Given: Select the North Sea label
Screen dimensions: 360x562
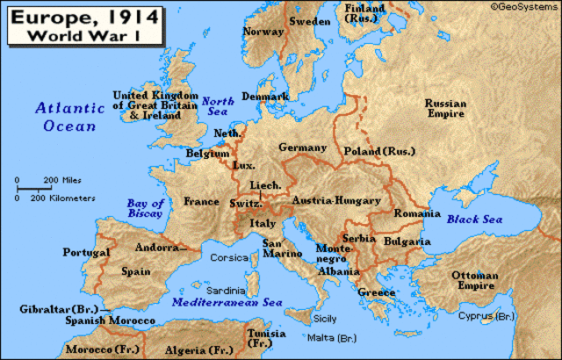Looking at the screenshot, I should click(217, 107).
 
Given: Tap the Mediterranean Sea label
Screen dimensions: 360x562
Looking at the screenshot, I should click(227, 302).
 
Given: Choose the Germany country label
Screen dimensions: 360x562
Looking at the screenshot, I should click(302, 148).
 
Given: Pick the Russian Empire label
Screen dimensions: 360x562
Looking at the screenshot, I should click(445, 108).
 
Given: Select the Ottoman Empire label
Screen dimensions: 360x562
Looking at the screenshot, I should click(475, 281).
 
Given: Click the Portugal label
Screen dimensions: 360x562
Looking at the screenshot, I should click(86, 252).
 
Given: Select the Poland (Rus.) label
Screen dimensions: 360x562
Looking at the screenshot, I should click(379, 150).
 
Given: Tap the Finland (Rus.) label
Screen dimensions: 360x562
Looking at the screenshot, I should click(364, 13).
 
